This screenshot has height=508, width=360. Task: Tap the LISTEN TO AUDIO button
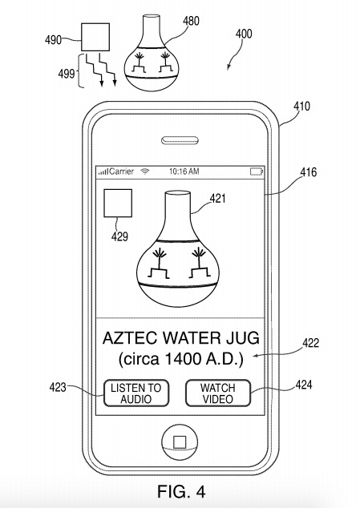click(x=136, y=393)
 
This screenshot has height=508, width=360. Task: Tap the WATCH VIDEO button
click(x=218, y=393)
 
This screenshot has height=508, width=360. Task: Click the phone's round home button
click(x=180, y=442)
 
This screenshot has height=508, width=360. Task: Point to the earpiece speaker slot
click(x=180, y=140)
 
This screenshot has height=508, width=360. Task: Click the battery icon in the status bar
click(x=257, y=171)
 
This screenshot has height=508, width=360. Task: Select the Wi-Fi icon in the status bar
click(x=145, y=171)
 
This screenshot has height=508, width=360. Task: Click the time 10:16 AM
click(x=184, y=171)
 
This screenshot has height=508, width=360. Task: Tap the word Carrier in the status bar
click(x=122, y=171)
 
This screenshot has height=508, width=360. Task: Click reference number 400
click(x=244, y=34)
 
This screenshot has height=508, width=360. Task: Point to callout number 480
click(x=191, y=21)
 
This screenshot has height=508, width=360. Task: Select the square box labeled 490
click(x=95, y=37)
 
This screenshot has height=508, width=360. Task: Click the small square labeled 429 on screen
click(x=118, y=204)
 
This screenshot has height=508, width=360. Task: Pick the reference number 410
click(x=302, y=107)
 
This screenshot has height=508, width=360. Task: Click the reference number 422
click(x=311, y=343)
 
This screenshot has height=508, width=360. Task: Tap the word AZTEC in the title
click(x=130, y=338)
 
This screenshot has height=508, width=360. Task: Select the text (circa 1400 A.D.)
click(x=181, y=359)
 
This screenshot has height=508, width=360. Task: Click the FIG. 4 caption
click(x=181, y=491)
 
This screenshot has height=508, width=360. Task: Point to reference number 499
click(x=67, y=75)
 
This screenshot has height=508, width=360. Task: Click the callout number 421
click(x=217, y=198)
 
